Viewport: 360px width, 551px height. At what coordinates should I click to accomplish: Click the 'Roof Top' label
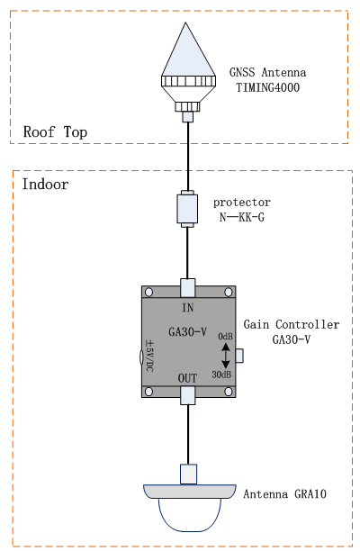(x=55, y=132)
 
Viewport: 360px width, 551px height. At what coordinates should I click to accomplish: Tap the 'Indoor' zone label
(x=45, y=185)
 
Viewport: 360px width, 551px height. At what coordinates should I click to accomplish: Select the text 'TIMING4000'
(x=267, y=87)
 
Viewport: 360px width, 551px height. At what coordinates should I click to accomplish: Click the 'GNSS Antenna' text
(x=267, y=72)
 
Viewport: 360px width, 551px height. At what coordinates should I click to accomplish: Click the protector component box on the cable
(x=187, y=209)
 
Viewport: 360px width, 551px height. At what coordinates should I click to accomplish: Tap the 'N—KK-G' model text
(x=242, y=217)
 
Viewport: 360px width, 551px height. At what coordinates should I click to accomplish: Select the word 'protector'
(x=242, y=203)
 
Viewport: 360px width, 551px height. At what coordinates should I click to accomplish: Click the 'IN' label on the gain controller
(x=188, y=308)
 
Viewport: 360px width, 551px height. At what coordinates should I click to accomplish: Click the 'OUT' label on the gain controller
(x=187, y=378)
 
